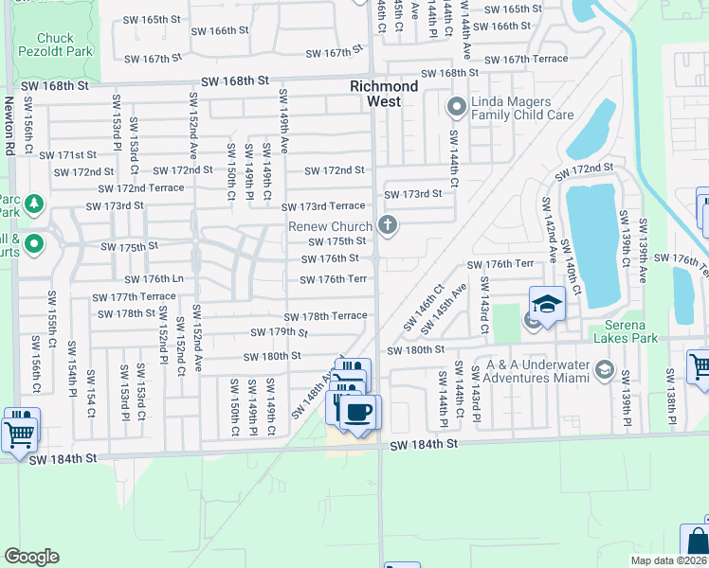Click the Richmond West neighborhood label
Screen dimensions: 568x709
tap(384, 93)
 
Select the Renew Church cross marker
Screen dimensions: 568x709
tap(387, 225)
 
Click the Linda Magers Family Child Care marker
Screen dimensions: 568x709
tap(456, 106)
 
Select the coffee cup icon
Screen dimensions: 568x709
tap(357, 413)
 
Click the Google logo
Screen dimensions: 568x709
tap(32, 556)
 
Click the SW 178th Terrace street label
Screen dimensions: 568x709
tap(325, 316)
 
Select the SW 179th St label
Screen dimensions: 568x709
tap(280, 332)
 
